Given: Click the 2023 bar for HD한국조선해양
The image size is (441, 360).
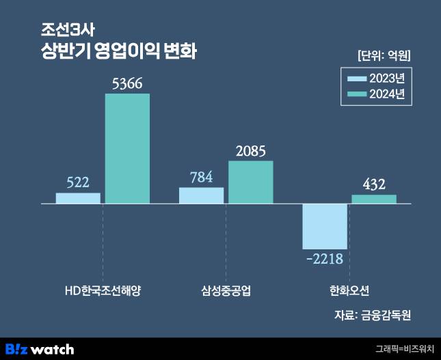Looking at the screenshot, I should pyautogui.click(x=78, y=198).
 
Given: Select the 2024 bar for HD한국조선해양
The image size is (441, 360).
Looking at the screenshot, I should pyautogui.click(x=127, y=148).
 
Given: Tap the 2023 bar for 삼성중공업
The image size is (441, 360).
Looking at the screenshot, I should pyautogui.click(x=201, y=195).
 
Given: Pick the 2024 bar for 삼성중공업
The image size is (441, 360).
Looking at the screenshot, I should pyautogui.click(x=250, y=182).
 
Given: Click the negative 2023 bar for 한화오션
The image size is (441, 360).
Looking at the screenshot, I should pyautogui.click(x=325, y=226).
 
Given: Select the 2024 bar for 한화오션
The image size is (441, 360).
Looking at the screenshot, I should pyautogui.click(x=374, y=199).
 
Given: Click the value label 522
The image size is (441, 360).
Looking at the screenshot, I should pyautogui.click(x=78, y=182).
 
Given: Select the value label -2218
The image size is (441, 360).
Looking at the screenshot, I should pyautogui.click(x=325, y=259).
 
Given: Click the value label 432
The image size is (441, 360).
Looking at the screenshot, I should pyautogui.click(x=374, y=184).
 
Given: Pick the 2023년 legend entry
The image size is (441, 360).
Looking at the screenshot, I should pyautogui.click(x=377, y=77).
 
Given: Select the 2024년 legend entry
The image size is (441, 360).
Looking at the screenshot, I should pyautogui.click(x=377, y=94).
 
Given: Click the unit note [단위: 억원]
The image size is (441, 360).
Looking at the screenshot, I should pyautogui.click(x=384, y=54).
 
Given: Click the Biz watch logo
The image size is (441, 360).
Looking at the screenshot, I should pyautogui.click(x=39, y=349).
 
